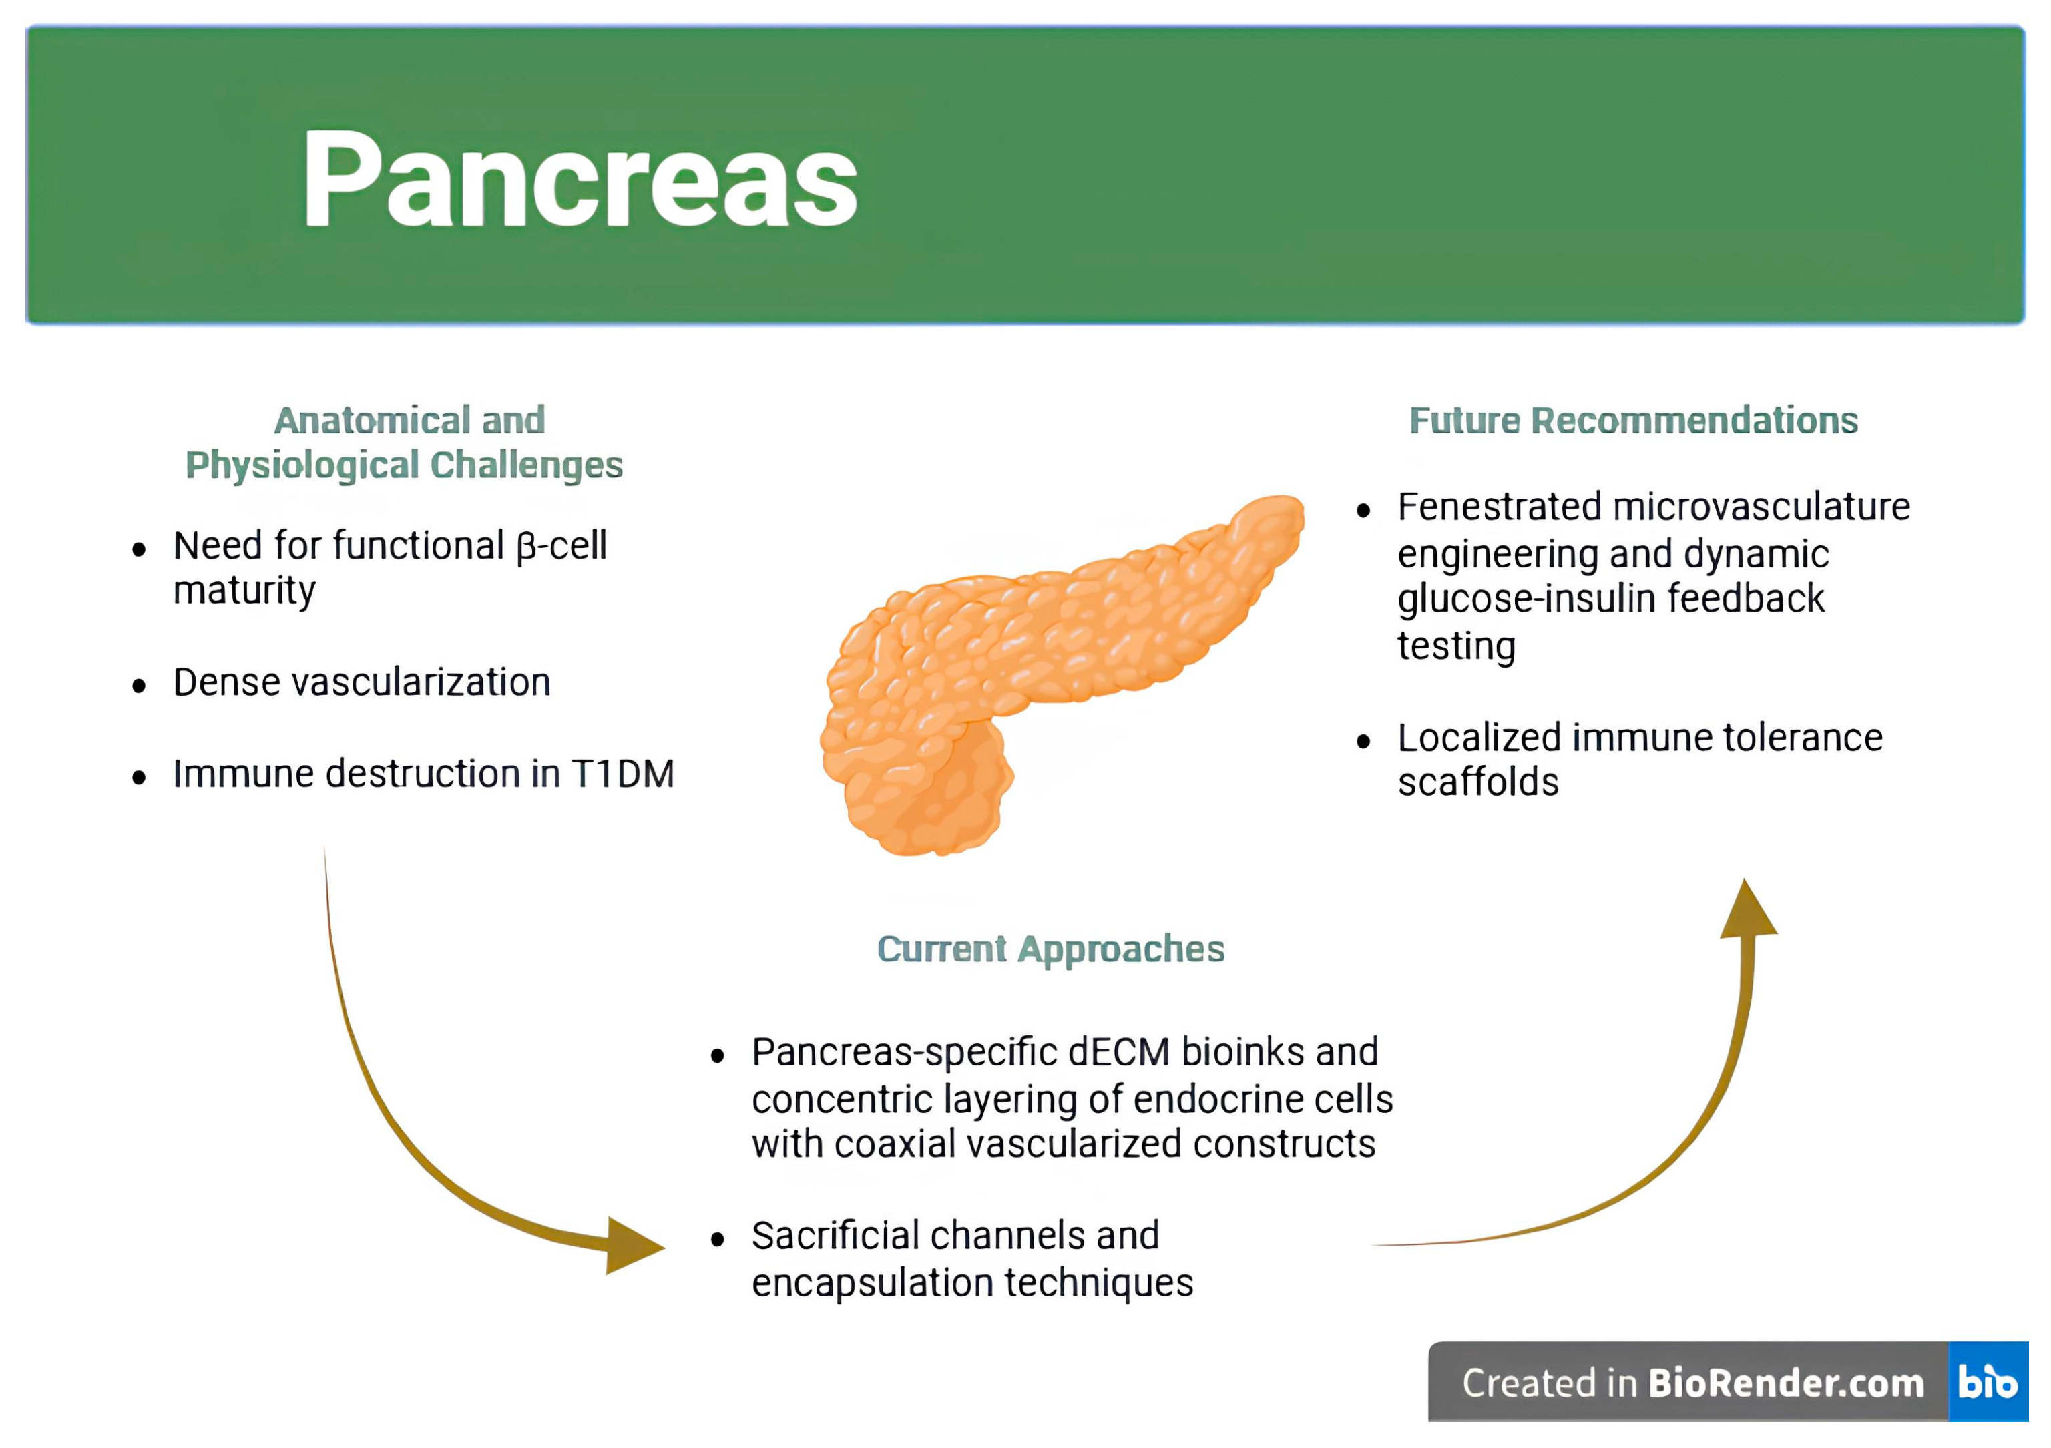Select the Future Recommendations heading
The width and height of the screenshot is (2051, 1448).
(1633, 421)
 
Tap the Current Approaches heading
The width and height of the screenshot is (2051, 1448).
(1050, 949)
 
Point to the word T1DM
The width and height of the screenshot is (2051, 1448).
(623, 774)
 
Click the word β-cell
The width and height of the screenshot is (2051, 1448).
(562, 546)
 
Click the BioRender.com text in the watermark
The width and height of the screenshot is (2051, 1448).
(1786, 1384)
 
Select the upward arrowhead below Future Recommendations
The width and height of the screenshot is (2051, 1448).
(1747, 912)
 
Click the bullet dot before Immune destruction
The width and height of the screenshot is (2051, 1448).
(138, 778)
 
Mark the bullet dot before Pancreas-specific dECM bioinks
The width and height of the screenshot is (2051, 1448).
(717, 1057)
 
